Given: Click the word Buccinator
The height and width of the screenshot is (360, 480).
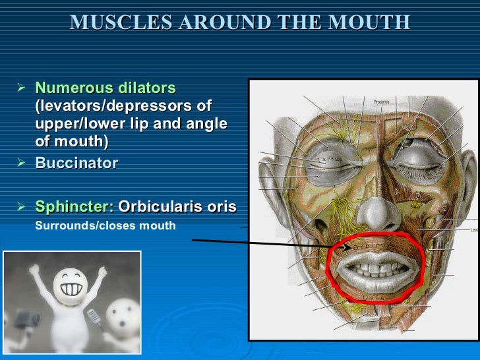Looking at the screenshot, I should pos(76,162).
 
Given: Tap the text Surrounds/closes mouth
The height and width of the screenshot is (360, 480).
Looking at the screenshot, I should pos(105,225).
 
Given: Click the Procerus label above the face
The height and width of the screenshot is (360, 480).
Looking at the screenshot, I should pos(381,102).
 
